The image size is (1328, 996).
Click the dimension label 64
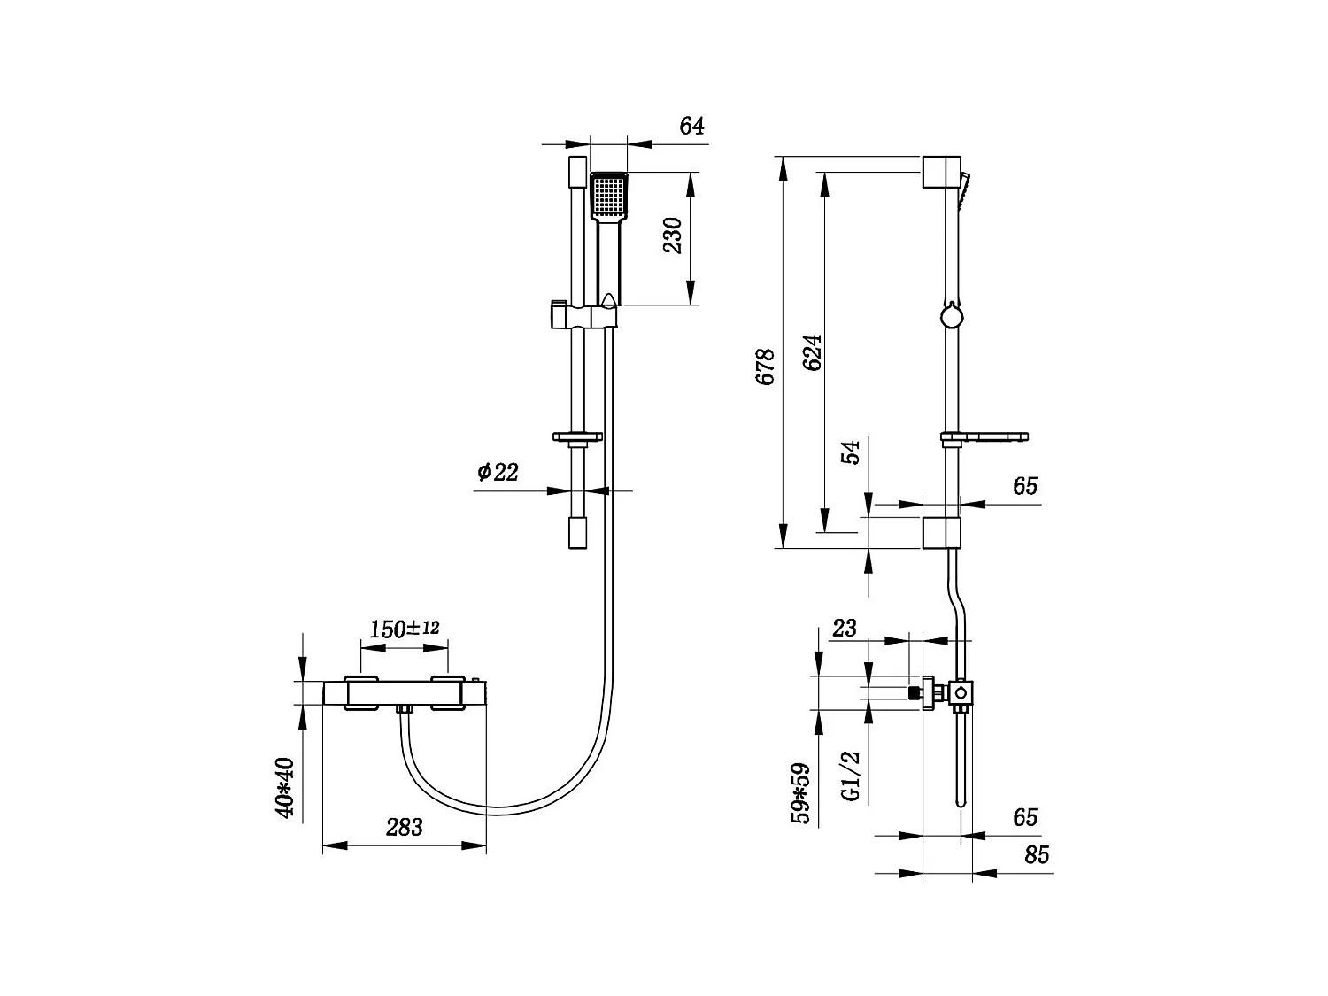click(691, 126)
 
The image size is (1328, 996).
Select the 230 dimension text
click(674, 235)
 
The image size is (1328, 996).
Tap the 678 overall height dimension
click(766, 367)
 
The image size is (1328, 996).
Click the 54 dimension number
click(850, 452)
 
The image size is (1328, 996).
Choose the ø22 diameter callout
click(498, 472)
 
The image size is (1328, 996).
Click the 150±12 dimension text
click(404, 629)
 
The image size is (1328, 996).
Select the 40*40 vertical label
click(284, 788)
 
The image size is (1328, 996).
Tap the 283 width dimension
click(404, 827)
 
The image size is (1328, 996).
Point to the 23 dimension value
click(845, 628)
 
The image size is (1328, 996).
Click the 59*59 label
click(800, 793)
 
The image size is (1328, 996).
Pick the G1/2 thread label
click(850, 776)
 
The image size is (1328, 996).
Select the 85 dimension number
click(1036, 855)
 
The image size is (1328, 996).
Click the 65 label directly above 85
click(1025, 816)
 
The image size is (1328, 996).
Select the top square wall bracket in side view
click(940, 172)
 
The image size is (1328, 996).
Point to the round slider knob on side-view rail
click(950, 316)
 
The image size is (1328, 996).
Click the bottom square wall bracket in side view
click(941, 532)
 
